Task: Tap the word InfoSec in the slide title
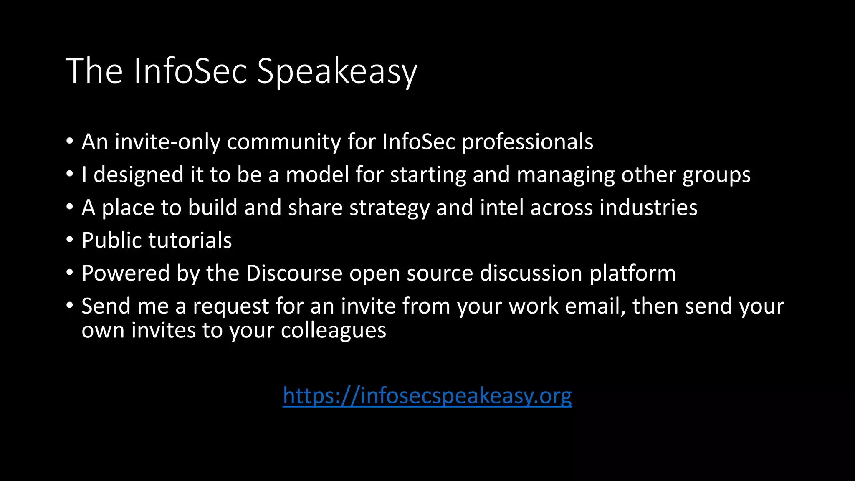(x=190, y=71)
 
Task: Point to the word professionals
(x=527, y=142)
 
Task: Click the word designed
(x=138, y=175)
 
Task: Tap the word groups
(x=716, y=175)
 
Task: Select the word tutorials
(x=190, y=240)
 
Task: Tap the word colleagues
(x=333, y=330)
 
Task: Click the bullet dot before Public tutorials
(x=70, y=239)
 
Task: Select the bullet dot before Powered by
(x=70, y=272)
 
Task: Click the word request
(x=230, y=306)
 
